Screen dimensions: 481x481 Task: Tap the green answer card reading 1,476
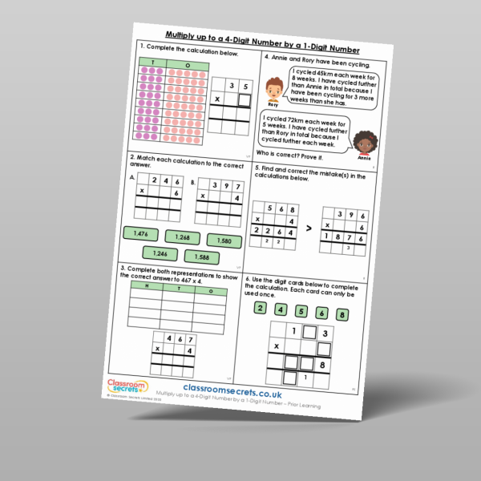[140, 233]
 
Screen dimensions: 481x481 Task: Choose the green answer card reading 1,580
[224, 240]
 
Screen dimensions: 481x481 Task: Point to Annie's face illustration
[365, 143]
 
